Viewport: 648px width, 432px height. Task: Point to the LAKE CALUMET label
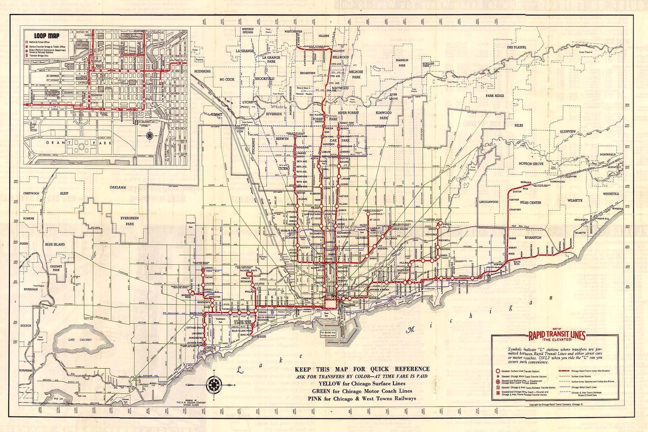(x=75, y=340)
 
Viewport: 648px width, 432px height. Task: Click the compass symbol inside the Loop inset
(x=149, y=136)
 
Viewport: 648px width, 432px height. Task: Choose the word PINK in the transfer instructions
(x=315, y=399)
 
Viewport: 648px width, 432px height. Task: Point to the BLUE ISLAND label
(x=55, y=244)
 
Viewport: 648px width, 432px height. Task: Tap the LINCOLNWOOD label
(x=489, y=202)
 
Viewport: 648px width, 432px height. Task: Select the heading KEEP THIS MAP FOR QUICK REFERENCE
(x=362, y=369)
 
